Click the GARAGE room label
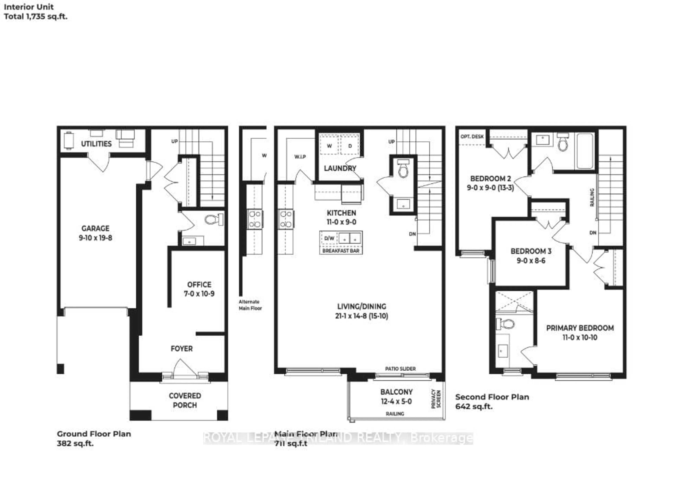coord(95,228)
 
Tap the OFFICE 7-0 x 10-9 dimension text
coord(199,294)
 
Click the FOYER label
coord(182,349)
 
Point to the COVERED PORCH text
coord(185,400)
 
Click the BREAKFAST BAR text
coord(341,251)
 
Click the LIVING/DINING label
coord(362,307)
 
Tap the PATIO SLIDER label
coord(400,369)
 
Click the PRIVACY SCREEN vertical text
coord(436,399)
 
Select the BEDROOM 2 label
coord(490,179)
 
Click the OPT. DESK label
coord(472,136)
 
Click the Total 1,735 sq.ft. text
coord(36,17)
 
